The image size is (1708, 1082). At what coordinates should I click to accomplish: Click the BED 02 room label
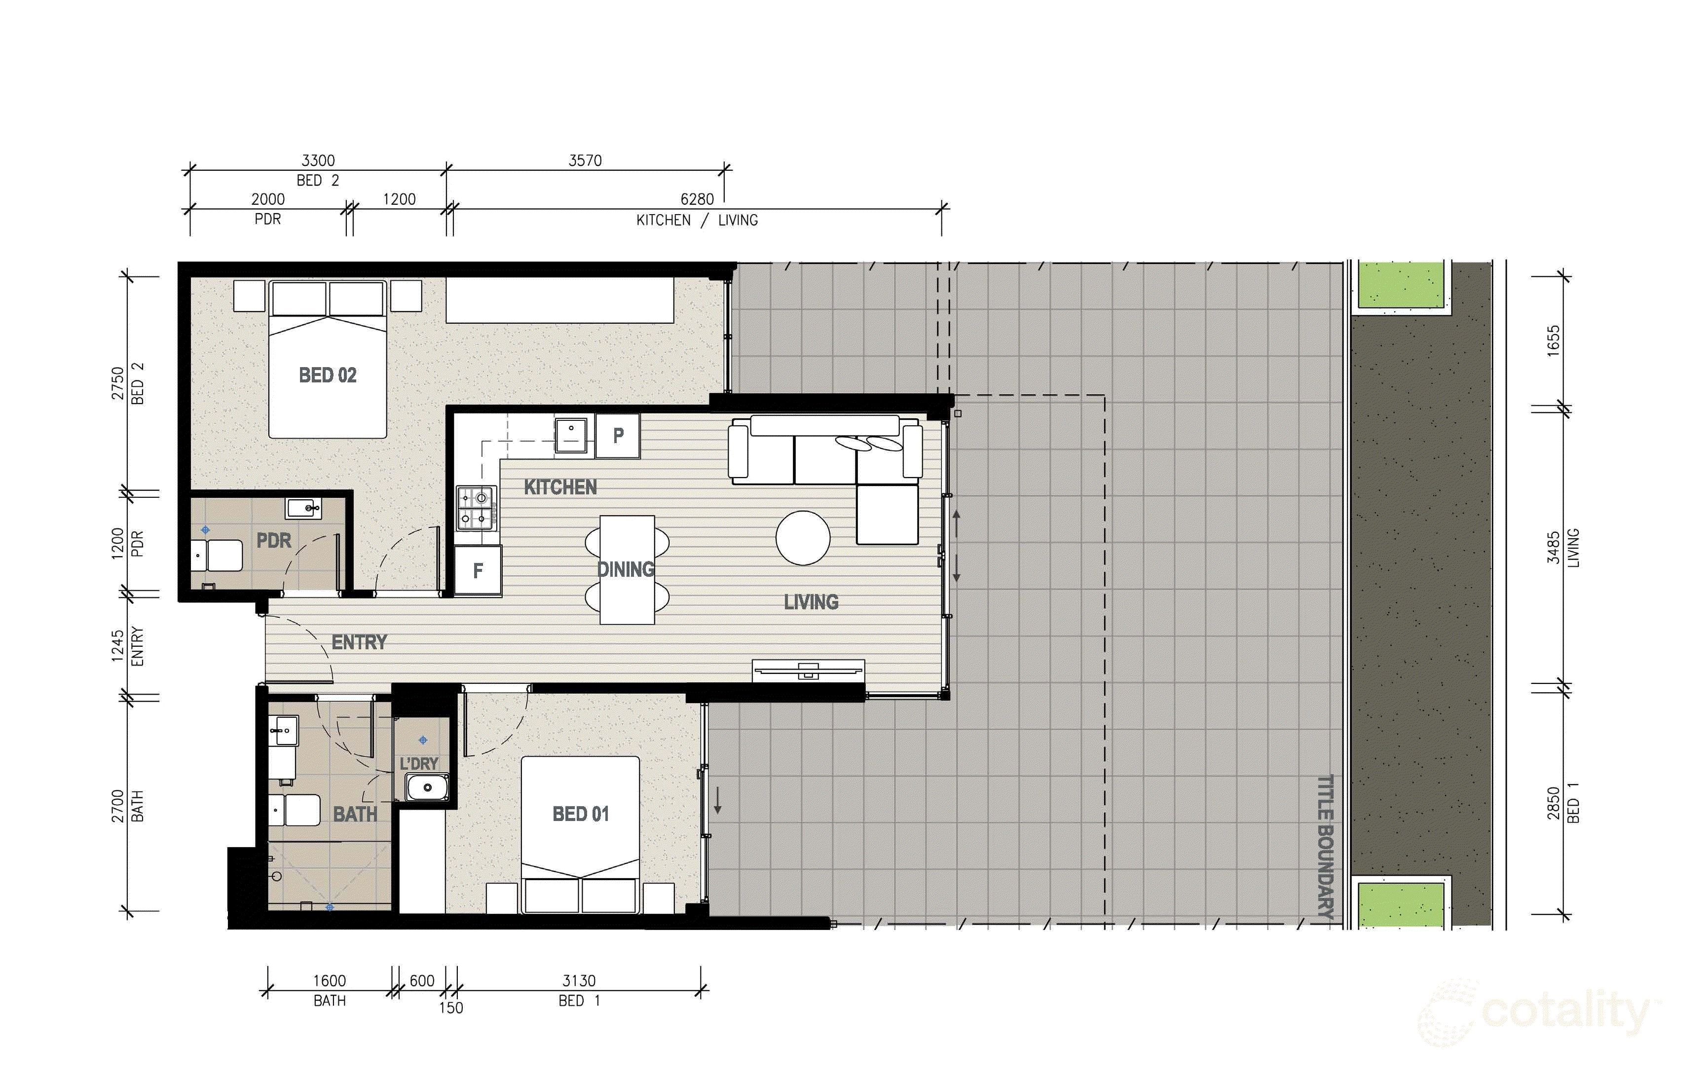click(x=327, y=375)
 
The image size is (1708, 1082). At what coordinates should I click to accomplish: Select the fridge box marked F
click(x=478, y=570)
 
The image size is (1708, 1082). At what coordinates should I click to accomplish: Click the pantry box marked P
click(x=618, y=435)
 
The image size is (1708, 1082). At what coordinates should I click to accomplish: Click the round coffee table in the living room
click(x=802, y=538)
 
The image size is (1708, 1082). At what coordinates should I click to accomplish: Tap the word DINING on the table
click(x=625, y=569)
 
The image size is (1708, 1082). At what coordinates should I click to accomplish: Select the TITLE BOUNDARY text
click(x=1325, y=846)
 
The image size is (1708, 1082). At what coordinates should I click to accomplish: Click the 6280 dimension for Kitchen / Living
click(x=697, y=199)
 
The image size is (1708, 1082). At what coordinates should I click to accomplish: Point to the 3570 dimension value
click(x=585, y=160)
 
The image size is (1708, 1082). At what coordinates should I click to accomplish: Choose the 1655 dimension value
click(x=1553, y=340)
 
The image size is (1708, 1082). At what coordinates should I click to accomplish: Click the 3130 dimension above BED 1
click(x=579, y=980)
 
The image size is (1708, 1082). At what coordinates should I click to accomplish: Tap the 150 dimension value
click(x=451, y=1007)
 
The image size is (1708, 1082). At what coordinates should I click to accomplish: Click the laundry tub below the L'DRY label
click(x=427, y=787)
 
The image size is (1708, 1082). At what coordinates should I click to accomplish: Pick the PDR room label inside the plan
click(x=274, y=541)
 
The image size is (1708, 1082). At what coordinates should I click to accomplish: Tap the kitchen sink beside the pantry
click(x=570, y=434)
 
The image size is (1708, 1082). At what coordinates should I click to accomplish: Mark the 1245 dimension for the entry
click(x=118, y=646)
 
